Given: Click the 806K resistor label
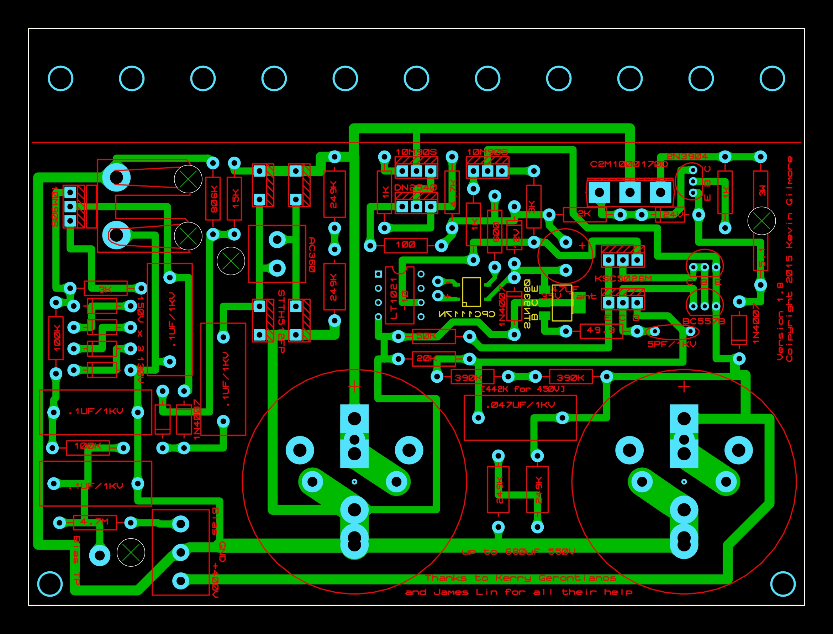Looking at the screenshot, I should point(214,199).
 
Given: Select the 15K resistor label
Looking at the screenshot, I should point(236,199).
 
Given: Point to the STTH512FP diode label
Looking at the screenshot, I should point(281,321).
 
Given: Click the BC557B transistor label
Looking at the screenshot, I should point(703,321).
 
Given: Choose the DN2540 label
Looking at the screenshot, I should point(415,188).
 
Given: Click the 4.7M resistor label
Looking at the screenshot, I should point(94,522).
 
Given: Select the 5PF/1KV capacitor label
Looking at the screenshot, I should point(672,344).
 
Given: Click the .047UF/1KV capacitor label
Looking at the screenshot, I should point(520,405).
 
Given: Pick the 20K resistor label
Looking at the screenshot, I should point(426,358).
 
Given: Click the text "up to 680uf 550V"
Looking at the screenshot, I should point(518,552).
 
